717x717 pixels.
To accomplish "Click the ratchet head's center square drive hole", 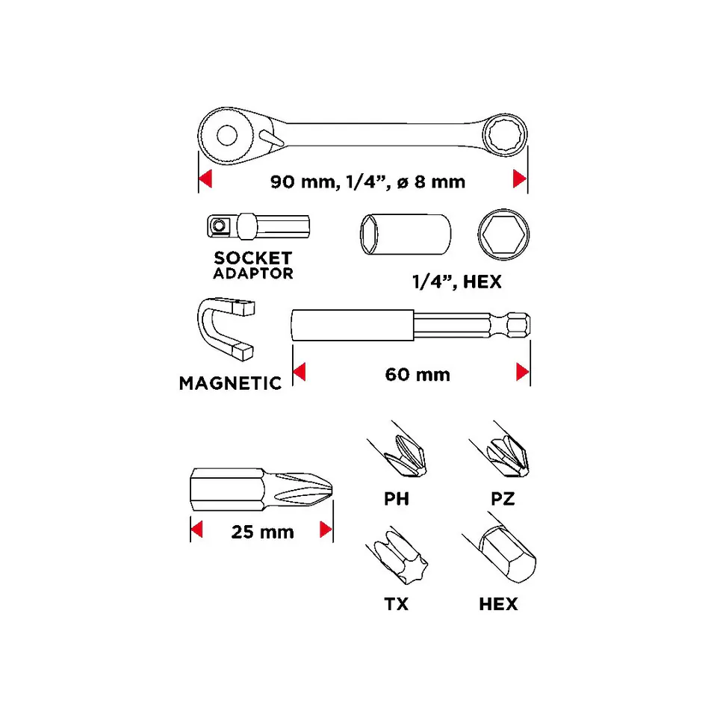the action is [x=227, y=135].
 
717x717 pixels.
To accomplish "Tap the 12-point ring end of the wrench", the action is [x=505, y=135].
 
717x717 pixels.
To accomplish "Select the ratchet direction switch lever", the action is [x=272, y=138].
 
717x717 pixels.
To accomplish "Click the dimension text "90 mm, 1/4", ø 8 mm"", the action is [x=367, y=181].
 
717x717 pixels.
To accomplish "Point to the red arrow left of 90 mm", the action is [x=205, y=179].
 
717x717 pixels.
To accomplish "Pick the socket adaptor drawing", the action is [x=258, y=226].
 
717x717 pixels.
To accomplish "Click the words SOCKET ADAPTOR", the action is [x=253, y=265].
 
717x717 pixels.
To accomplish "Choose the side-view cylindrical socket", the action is [x=405, y=234].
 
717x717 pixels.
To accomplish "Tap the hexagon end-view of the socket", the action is [x=503, y=235].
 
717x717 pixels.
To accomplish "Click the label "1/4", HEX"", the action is [x=457, y=282].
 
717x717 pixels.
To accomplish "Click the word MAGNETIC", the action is [x=230, y=383].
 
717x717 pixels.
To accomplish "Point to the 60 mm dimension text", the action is [x=418, y=374].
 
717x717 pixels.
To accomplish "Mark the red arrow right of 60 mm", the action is [x=522, y=372].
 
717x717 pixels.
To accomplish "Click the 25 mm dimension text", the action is [x=262, y=532].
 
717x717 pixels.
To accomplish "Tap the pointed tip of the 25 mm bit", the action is [x=332, y=490].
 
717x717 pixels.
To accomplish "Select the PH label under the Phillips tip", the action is [x=397, y=499].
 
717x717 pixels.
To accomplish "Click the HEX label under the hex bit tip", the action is [x=498, y=604].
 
